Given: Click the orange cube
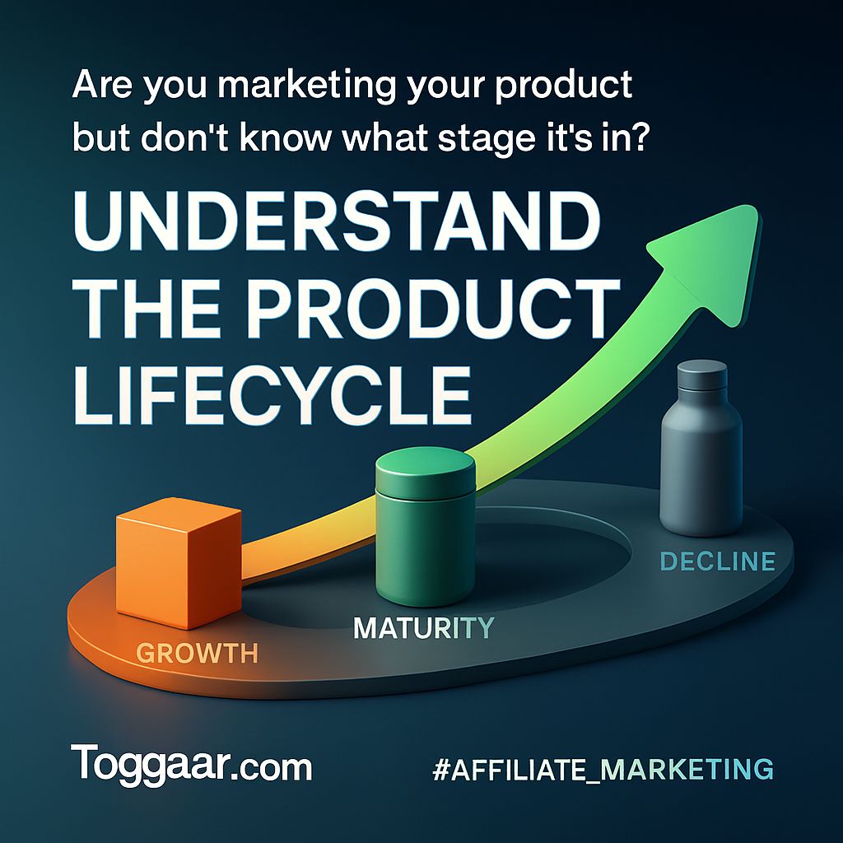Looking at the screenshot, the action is pyautogui.click(x=179, y=562).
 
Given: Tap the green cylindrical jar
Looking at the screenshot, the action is pyautogui.click(x=426, y=527).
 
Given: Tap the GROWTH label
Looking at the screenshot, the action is pyautogui.click(x=197, y=653).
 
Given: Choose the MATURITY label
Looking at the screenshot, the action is pyautogui.click(x=424, y=627).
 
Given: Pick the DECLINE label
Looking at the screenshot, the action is pyautogui.click(x=718, y=561).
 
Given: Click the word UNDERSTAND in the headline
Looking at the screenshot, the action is pyautogui.click(x=337, y=221).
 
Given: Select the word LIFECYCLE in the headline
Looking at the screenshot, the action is pyautogui.click(x=272, y=394).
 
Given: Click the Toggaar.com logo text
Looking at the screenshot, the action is pyautogui.click(x=191, y=764).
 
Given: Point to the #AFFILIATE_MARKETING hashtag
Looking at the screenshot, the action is pyautogui.click(x=603, y=769).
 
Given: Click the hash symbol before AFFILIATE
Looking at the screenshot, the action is pyautogui.click(x=441, y=769).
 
